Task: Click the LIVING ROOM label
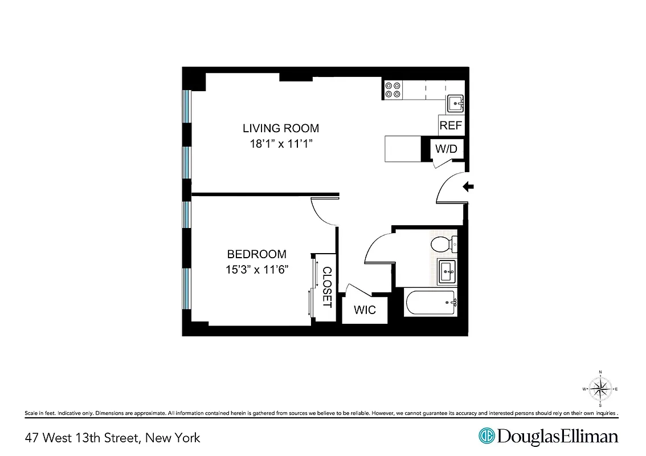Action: point(281,128)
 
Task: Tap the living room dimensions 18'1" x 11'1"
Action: point(281,144)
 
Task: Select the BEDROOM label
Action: point(256,254)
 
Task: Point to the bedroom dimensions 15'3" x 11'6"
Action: point(256,270)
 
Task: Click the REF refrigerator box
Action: point(451,125)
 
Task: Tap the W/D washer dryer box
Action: point(446,149)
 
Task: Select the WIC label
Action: point(365,310)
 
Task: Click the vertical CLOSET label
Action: point(327,287)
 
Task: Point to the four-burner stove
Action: point(393,90)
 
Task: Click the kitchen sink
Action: point(455,104)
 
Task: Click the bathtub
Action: point(431,303)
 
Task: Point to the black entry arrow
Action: point(468,186)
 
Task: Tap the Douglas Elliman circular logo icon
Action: point(486,437)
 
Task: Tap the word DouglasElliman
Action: point(557,437)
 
